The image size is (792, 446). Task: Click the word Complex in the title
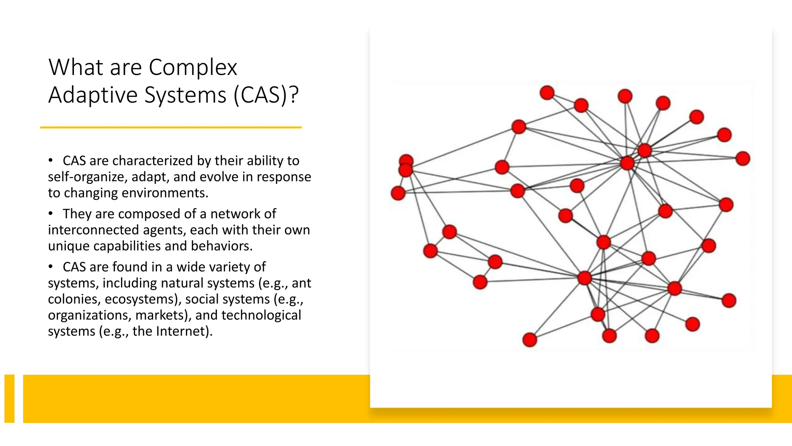point(193,68)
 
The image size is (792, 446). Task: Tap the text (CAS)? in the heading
point(266,95)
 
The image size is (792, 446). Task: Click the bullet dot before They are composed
point(51,214)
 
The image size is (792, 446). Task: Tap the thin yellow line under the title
point(171,127)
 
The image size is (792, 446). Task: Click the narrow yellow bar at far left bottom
point(9,398)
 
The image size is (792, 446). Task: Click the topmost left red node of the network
point(547,93)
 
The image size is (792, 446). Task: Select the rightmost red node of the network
point(742,159)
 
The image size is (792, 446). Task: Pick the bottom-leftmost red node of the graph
point(529,340)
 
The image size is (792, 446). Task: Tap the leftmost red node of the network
point(398,193)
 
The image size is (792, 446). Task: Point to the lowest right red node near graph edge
point(729,300)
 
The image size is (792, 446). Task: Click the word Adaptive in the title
point(93,95)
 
